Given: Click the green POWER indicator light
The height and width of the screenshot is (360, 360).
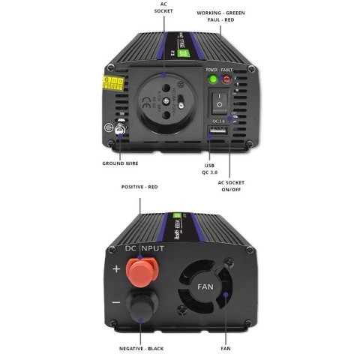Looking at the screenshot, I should click(x=212, y=79).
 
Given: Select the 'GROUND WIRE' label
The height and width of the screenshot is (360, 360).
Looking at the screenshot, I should click(x=123, y=163).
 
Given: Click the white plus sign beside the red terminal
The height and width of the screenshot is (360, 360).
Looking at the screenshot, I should click(x=115, y=268).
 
